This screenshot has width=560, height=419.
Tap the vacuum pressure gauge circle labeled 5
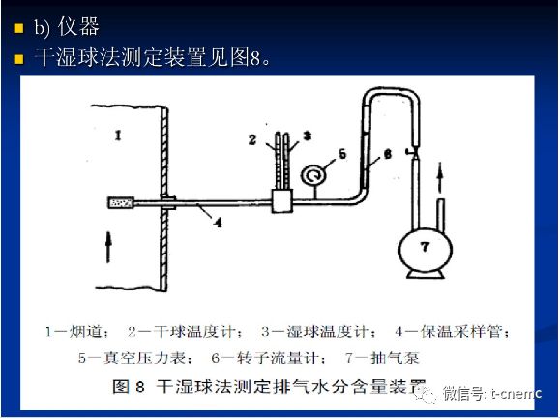pyautogui.click(x=312, y=175)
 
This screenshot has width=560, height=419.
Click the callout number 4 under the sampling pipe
pyautogui.click(x=219, y=222)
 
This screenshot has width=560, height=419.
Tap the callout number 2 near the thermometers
pyautogui.click(x=251, y=140)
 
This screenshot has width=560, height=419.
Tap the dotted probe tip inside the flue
pyautogui.click(x=122, y=202)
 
